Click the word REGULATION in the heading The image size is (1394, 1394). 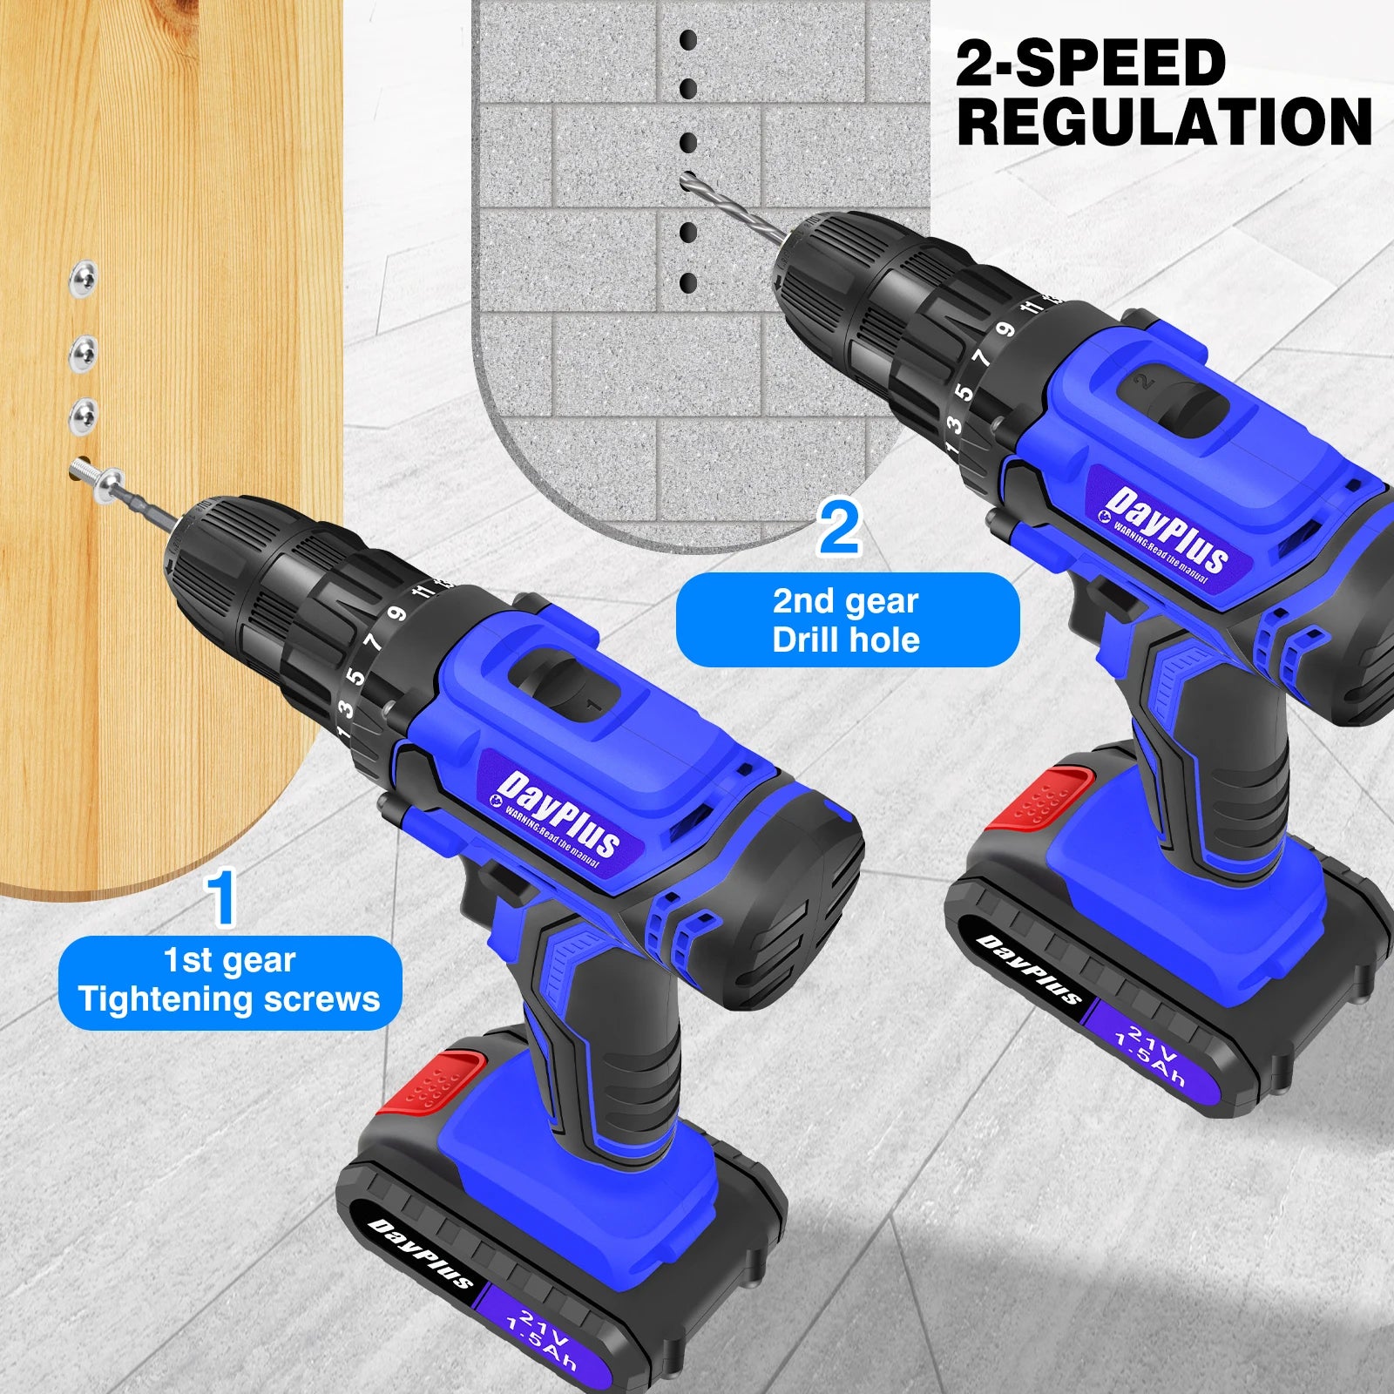pyautogui.click(x=1164, y=122)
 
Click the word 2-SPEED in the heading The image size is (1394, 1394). pyautogui.click(x=1091, y=63)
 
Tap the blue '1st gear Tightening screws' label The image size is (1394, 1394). pyautogui.click(x=230, y=981)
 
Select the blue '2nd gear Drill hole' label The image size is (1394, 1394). pyautogui.click(x=847, y=619)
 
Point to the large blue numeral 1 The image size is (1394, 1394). pyautogui.click(x=221, y=897)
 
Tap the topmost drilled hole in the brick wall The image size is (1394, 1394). pyautogui.click(x=688, y=40)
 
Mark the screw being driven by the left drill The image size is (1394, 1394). pyautogui.click(x=96, y=477)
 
